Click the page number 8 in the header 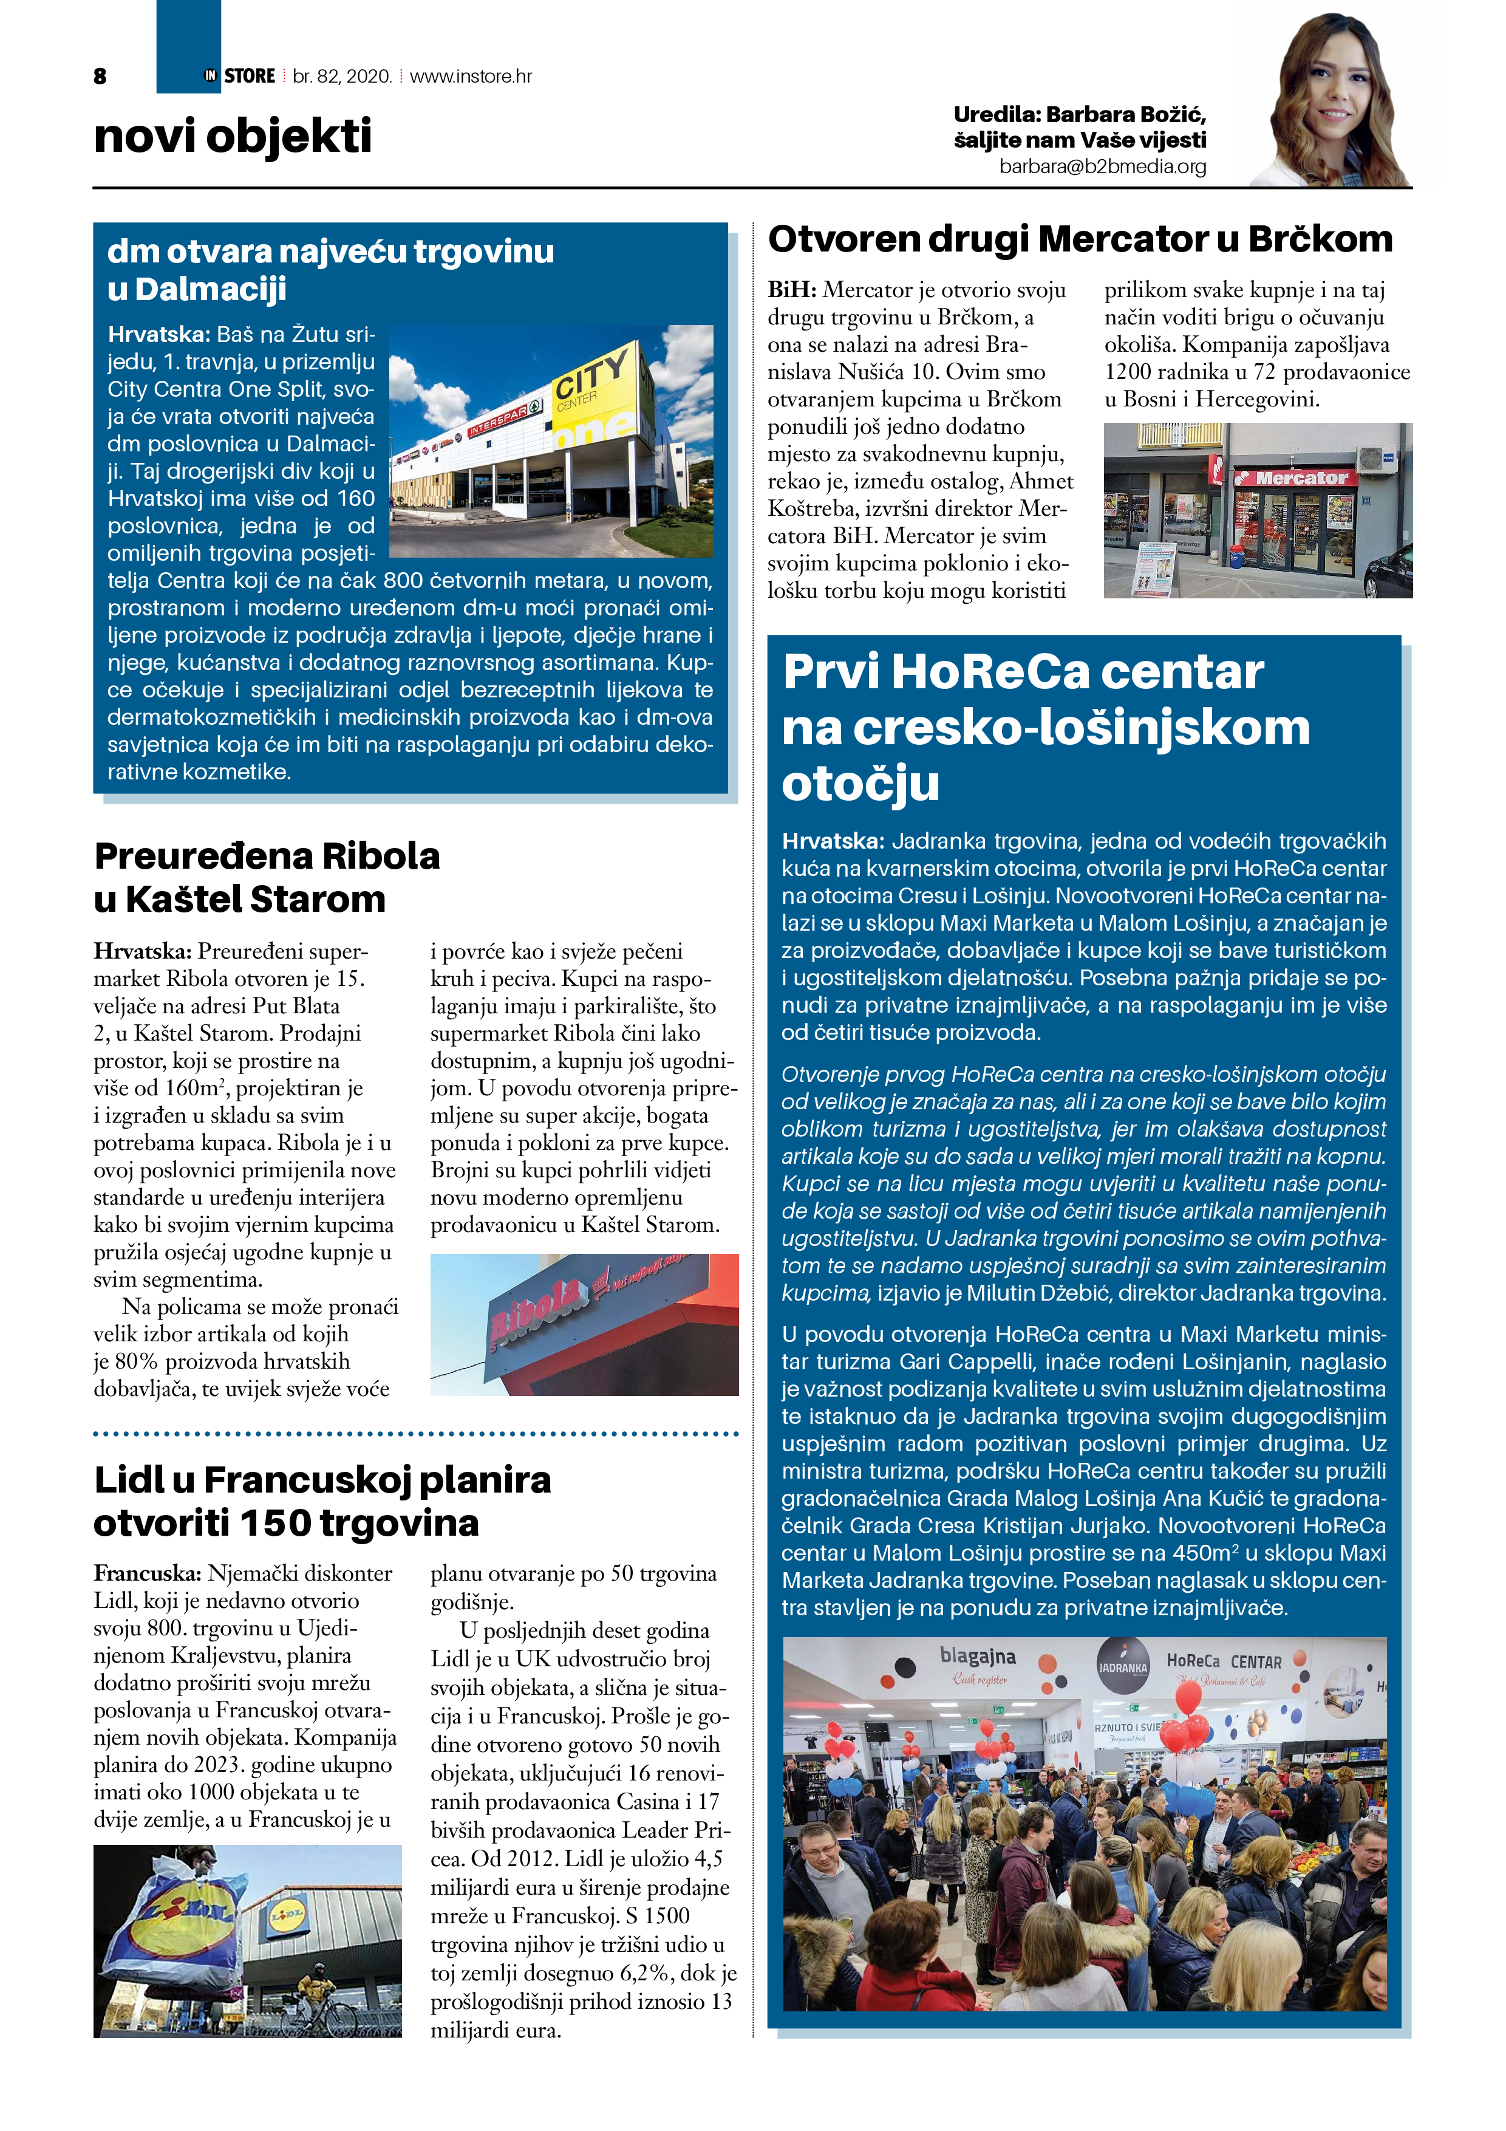pyautogui.click(x=100, y=76)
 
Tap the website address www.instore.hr pyautogui.click(x=471, y=76)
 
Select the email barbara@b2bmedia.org pyautogui.click(x=1102, y=167)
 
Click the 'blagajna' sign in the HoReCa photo pyautogui.click(x=977, y=1656)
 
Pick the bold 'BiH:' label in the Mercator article pyautogui.click(x=791, y=290)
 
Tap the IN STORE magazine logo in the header pyautogui.click(x=239, y=76)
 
